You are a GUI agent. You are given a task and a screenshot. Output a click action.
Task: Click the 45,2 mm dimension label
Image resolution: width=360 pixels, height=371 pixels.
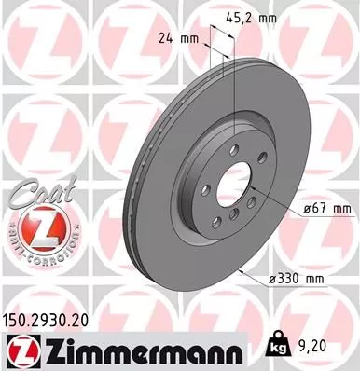click(252, 15)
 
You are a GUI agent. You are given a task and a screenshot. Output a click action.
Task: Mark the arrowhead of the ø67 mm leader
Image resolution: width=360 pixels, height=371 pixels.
click(255, 188)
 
